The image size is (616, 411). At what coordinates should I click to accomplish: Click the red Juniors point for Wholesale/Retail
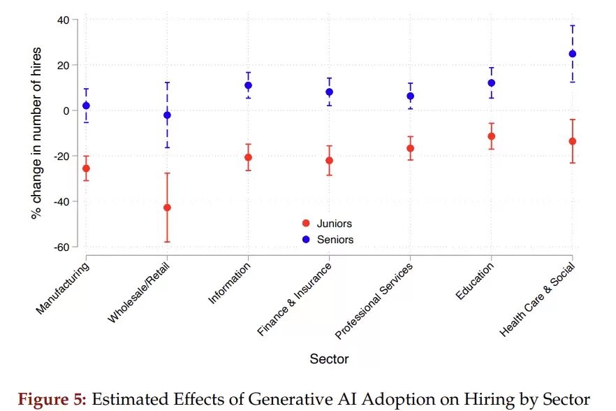167,208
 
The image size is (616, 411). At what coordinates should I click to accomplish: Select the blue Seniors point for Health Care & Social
573,54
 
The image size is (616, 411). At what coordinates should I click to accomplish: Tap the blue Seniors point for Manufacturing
86,106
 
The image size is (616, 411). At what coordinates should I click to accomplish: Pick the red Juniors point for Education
492,136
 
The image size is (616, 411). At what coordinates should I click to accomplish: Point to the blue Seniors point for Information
248,85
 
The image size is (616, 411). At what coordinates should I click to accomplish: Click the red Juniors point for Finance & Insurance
329,161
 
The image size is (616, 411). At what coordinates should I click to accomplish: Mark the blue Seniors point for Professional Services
411,96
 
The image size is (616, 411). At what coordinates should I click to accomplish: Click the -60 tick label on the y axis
61,247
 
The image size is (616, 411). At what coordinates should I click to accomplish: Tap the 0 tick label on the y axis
66,110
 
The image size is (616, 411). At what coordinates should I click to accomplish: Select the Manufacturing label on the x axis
63,288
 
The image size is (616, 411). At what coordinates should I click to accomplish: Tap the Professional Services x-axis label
374,301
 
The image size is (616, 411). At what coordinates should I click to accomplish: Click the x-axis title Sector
329,359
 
